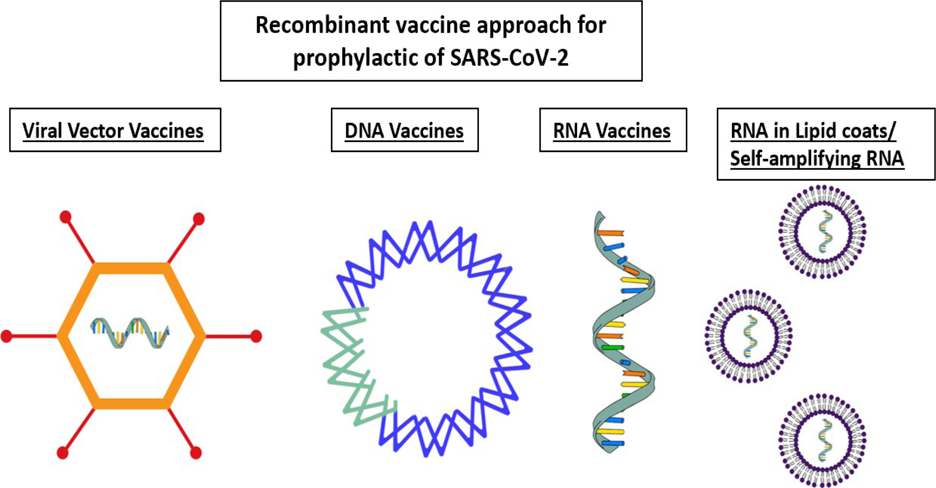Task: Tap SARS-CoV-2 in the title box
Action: pos(509,57)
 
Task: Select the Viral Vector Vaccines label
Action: pos(113,131)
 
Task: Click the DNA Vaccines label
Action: pos(404,131)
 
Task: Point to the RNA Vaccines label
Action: pos(612,131)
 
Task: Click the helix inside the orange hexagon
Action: pos(130,333)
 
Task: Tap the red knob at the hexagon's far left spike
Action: pos(6,336)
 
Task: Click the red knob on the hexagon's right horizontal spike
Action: pos(256,336)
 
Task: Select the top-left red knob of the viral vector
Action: pos(65,217)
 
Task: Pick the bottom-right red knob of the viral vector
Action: pos(196,453)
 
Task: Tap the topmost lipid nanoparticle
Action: pos(822,232)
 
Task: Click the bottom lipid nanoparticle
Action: pos(822,440)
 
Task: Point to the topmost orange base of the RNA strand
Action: pos(611,233)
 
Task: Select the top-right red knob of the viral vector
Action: pos(199,219)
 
